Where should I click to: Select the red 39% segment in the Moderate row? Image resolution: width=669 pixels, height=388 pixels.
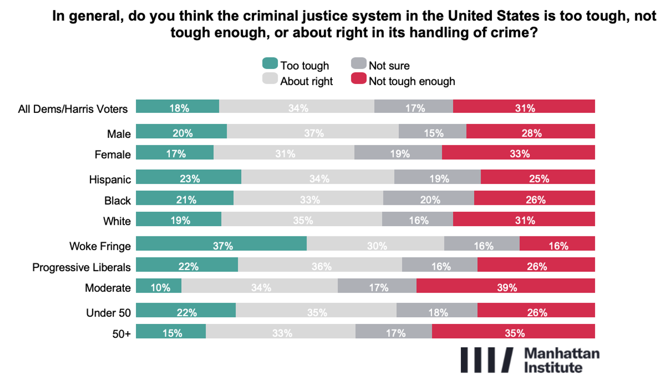tap(505, 286)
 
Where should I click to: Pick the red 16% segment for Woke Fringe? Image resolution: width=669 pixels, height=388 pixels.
tap(557, 244)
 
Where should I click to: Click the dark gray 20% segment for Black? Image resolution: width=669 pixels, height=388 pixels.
tap(428, 198)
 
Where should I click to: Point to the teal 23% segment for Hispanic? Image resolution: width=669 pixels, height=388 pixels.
tap(188, 177)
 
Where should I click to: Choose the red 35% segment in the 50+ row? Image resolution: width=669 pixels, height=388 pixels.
tap(513, 331)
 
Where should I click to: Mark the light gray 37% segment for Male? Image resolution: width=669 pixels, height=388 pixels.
tap(313, 131)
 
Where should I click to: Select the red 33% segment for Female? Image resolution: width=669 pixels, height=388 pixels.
tap(518, 152)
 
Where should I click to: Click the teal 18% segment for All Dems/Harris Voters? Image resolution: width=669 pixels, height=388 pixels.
tap(177, 106)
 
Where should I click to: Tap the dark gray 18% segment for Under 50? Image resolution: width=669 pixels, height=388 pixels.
tap(437, 310)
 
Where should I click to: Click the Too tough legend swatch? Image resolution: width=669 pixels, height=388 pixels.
tap(270, 63)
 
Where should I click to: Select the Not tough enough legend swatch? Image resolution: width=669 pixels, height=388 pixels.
tap(358, 79)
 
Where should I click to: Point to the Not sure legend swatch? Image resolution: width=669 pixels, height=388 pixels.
tap(358, 63)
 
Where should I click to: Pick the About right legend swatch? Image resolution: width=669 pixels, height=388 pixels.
tap(270, 79)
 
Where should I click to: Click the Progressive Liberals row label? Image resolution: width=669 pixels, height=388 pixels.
tap(81, 267)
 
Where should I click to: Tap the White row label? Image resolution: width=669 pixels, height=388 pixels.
tap(117, 221)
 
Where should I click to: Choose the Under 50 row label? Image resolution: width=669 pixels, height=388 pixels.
tap(108, 313)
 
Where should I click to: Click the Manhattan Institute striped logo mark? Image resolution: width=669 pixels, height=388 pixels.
tap(487, 360)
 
